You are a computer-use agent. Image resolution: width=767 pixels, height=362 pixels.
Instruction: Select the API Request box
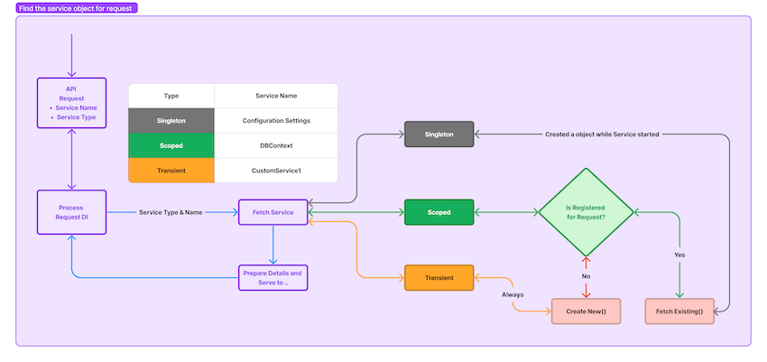71,103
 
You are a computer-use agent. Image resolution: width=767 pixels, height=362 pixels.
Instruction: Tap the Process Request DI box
71,213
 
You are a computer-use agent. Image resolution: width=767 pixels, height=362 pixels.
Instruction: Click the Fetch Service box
273,213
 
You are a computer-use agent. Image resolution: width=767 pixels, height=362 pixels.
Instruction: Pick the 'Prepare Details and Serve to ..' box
273,277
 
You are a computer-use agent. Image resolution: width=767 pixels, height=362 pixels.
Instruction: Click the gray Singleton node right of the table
439,135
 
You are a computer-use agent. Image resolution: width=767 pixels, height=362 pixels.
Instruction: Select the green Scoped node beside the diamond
439,213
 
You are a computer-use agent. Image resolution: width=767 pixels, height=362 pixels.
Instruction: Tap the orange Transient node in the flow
439,277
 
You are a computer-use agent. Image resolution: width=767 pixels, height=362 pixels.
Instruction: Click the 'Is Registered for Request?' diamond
585,213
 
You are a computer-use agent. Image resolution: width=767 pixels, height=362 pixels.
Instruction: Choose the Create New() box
585,311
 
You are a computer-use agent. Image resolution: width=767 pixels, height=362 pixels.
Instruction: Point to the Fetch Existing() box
679,311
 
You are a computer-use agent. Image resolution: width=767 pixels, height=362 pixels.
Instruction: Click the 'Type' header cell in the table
171,96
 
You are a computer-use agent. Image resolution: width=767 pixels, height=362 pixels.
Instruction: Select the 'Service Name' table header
276,96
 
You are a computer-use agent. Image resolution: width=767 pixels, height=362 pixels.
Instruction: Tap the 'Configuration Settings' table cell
276,120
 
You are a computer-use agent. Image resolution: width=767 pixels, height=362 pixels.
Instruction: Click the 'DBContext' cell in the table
276,145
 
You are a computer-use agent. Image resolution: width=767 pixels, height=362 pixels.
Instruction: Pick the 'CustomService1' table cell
276,170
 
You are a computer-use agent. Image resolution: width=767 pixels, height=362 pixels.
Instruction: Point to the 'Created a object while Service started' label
602,135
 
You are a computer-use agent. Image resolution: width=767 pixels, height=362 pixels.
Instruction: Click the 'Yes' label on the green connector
679,255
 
